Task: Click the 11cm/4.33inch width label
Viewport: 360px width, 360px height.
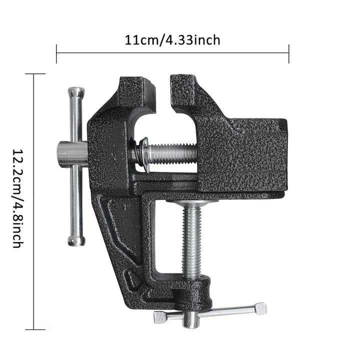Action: coord(172,40)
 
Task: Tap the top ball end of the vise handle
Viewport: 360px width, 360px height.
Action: coord(76,92)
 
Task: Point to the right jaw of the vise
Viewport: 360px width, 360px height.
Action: coord(185,92)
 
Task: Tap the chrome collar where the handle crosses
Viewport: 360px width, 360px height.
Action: coord(70,154)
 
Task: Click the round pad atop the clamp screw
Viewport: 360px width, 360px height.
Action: coord(192,202)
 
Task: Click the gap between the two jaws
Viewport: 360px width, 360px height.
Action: coord(163,95)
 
